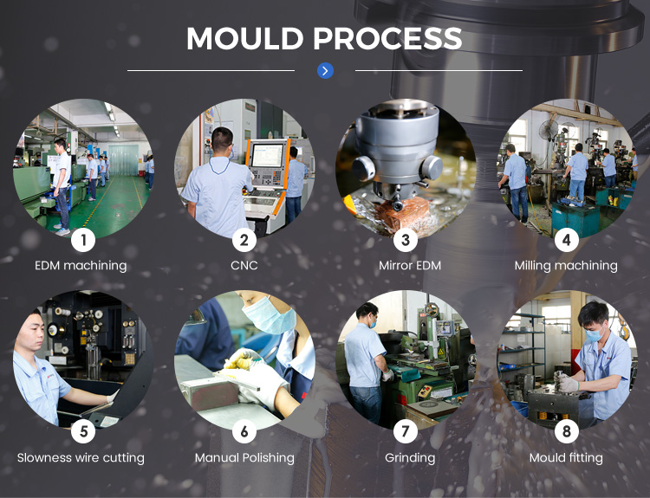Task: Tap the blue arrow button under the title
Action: pyautogui.click(x=325, y=71)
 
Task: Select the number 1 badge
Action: pyautogui.click(x=83, y=240)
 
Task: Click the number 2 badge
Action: pyautogui.click(x=244, y=240)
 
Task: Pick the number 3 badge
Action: pyautogui.click(x=405, y=240)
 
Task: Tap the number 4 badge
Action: pyautogui.click(x=566, y=240)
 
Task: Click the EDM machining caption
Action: pyautogui.click(x=81, y=266)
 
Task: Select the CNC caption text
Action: pyautogui.click(x=244, y=266)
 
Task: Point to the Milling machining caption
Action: pyautogui.click(x=566, y=266)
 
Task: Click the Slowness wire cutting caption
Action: pyautogui.click(x=81, y=457)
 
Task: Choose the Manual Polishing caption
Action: pyautogui.click(x=244, y=457)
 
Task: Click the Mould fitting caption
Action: pyautogui.click(x=566, y=457)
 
